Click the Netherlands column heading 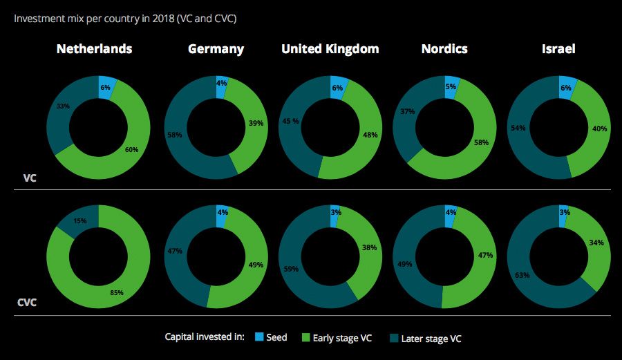[x=94, y=49]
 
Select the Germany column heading [x=216, y=49]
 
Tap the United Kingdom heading [x=330, y=49]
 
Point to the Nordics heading [x=444, y=49]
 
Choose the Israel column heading [x=558, y=49]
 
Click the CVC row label [x=27, y=303]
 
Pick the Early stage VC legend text [x=343, y=337]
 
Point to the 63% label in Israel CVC [x=522, y=276]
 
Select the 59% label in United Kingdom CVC [x=292, y=269]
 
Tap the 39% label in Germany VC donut [x=256, y=122]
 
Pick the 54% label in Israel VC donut [x=518, y=129]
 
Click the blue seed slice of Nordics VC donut [x=451, y=86]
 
